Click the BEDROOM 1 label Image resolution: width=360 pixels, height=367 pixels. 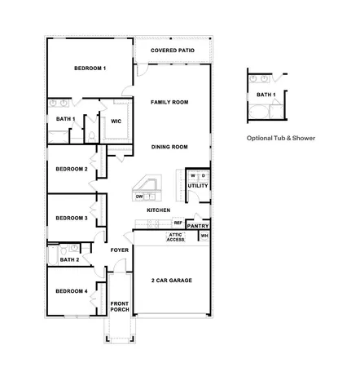point(90,68)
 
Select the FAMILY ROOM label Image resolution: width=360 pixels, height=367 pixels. point(170,102)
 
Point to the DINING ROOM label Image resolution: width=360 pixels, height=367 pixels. point(170,147)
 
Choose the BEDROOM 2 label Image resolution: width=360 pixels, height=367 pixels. point(72,169)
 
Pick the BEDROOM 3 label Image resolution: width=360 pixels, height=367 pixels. point(72,218)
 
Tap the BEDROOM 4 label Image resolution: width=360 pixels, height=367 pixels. point(72,291)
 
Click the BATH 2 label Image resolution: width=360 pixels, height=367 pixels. point(68,259)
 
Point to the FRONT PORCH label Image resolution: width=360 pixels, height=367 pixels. point(121,308)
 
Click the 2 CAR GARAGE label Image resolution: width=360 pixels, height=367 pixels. point(172,281)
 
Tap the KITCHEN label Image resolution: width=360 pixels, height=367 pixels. point(158,210)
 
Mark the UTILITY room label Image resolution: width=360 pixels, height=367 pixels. point(198,186)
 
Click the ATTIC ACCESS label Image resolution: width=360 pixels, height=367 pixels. point(176,237)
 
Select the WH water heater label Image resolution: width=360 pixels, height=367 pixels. point(204,236)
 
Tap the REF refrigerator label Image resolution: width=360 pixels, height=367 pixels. point(178,222)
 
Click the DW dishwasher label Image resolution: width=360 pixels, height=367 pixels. point(140,197)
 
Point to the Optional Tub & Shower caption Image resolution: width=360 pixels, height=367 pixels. point(279,139)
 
